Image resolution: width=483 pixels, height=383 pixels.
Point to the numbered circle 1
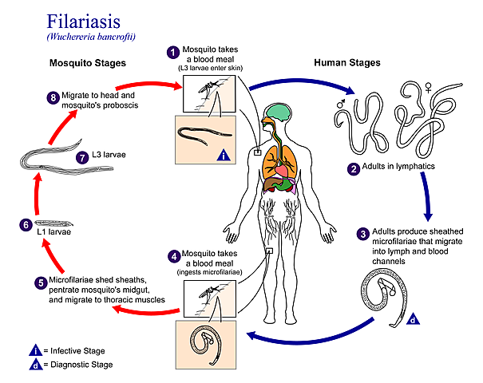pyautogui.click(x=172, y=52)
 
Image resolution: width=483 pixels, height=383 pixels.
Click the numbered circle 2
pyautogui.click(x=352, y=168)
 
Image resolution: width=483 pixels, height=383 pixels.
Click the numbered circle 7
pyautogui.click(x=81, y=157)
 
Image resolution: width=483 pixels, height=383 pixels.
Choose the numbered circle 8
pyautogui.click(x=53, y=97)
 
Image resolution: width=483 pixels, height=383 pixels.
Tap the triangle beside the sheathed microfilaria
pyautogui.click(x=413, y=319)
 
